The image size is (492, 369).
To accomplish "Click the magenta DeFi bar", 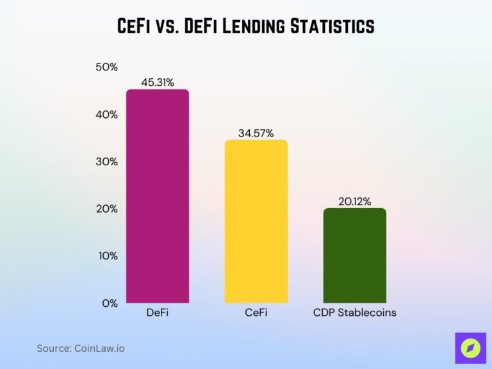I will (x=158, y=196).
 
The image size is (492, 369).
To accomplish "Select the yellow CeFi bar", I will (x=256, y=221).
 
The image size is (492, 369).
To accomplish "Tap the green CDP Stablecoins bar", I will (x=355, y=256).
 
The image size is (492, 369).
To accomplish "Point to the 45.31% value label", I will (x=158, y=82).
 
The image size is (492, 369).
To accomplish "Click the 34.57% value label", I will (x=256, y=133).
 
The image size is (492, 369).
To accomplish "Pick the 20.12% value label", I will (x=355, y=201).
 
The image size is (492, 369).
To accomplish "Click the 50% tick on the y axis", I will (x=106, y=67).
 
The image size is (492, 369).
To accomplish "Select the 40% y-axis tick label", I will (x=106, y=115).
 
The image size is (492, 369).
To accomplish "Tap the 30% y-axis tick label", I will (x=106, y=162).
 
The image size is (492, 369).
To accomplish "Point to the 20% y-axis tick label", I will (x=106, y=209).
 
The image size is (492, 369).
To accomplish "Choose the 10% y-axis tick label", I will (x=106, y=256).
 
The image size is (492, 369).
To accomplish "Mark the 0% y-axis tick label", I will (x=110, y=303).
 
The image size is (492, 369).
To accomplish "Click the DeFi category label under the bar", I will (x=158, y=313).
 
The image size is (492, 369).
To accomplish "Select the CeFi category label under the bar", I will (x=256, y=313).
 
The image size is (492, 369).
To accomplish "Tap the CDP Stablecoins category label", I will (x=355, y=313).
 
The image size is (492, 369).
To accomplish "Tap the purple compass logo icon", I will (x=470, y=348).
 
